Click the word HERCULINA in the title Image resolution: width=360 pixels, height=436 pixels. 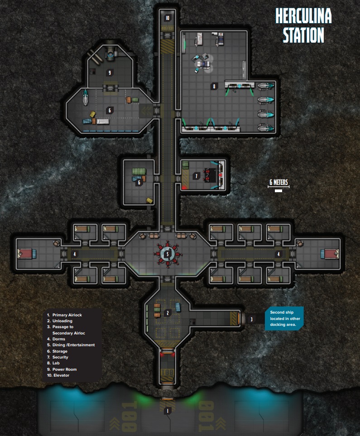303,17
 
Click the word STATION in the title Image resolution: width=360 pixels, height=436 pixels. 303,35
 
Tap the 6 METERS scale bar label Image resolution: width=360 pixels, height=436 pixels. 278,183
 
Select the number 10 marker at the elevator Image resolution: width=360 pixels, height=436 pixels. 167,18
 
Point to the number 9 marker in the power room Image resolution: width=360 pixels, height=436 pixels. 109,72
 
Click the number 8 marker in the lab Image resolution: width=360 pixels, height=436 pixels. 214,86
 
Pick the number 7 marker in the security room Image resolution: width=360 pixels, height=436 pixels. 196,176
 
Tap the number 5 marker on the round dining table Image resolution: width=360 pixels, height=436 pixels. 168,254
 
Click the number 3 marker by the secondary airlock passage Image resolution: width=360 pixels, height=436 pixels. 252,319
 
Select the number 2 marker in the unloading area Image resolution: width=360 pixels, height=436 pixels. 168,313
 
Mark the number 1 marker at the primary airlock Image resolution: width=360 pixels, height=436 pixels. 168,411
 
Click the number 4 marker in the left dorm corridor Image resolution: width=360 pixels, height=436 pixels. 75,254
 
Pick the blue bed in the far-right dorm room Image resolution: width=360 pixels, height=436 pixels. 329,254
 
